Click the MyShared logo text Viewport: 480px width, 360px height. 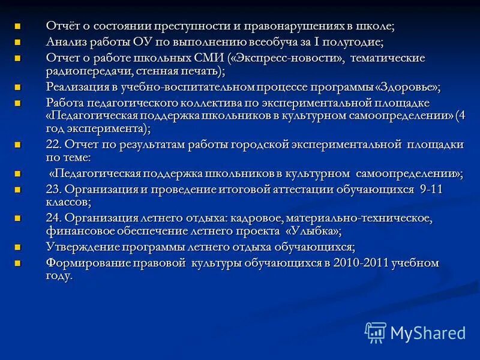click(x=428, y=333)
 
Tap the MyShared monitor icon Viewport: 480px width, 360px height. click(x=376, y=332)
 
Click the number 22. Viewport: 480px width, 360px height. click(x=53, y=145)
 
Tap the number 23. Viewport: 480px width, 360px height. click(x=53, y=189)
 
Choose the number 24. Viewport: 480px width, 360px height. click(x=53, y=218)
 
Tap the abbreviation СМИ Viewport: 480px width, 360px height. click(x=206, y=58)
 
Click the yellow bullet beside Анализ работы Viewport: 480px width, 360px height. click(x=17, y=43)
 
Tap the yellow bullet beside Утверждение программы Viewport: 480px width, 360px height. click(x=17, y=247)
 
